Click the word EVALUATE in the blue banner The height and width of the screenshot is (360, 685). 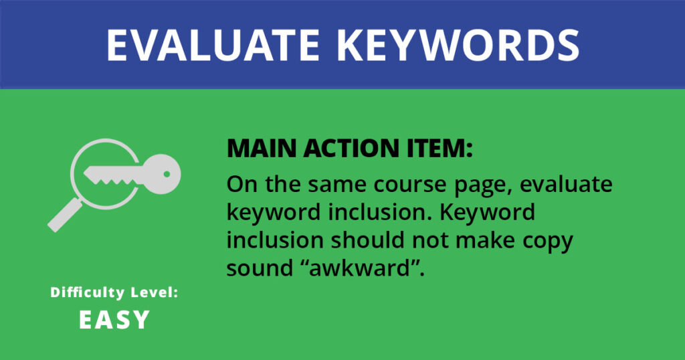tap(213, 45)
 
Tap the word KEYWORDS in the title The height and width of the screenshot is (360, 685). tap(458, 45)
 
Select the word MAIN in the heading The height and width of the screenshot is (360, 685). tap(262, 149)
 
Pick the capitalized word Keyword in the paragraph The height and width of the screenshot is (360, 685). tap(487, 212)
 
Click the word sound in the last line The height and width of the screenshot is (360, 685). tap(260, 268)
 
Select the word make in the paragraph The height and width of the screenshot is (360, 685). tap(486, 240)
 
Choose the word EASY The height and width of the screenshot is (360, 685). tap(114, 320)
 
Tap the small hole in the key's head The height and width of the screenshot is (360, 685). tap(167, 174)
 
